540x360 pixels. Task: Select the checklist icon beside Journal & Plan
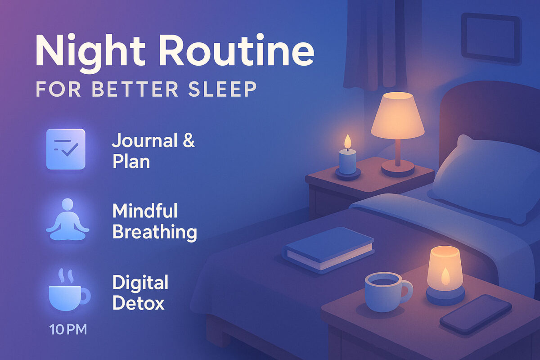66,149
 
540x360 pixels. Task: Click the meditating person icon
67,221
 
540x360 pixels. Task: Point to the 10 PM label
68,329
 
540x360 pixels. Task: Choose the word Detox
139,303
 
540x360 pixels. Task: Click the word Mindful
145,211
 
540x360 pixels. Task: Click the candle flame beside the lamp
347,142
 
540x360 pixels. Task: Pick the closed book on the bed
329,248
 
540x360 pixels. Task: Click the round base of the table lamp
398,168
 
